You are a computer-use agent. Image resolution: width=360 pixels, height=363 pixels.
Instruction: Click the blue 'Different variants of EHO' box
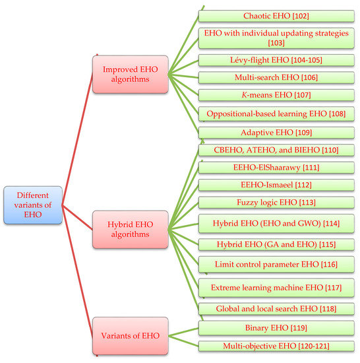pyautogui.click(x=33, y=207)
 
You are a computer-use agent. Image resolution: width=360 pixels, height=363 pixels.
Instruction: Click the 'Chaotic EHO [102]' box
pyautogui.click(x=276, y=15)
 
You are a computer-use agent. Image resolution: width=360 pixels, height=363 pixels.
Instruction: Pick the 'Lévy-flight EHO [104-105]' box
pyautogui.click(x=276, y=60)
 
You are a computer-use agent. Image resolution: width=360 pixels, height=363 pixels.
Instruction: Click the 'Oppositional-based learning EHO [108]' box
pyautogui.click(x=276, y=114)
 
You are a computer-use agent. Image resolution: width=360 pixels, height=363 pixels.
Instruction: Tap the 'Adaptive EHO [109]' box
pyautogui.click(x=276, y=132)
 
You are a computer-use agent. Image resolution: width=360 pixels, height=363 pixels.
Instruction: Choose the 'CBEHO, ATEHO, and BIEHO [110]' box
pyautogui.click(x=276, y=150)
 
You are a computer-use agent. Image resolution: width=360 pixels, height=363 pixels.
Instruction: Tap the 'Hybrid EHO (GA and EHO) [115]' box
pyautogui.click(x=276, y=244)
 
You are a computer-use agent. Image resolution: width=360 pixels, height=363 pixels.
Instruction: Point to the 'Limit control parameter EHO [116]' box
pyautogui.click(x=276, y=265)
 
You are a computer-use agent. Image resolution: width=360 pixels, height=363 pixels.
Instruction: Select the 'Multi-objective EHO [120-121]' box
pyautogui.click(x=276, y=345)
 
